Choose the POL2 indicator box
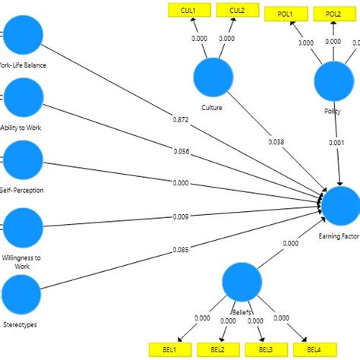click(333, 14)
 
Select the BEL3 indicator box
click(265, 349)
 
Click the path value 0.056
click(182, 151)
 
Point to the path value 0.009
click(182, 216)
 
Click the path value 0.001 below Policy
click(337, 142)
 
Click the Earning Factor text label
click(339, 236)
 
